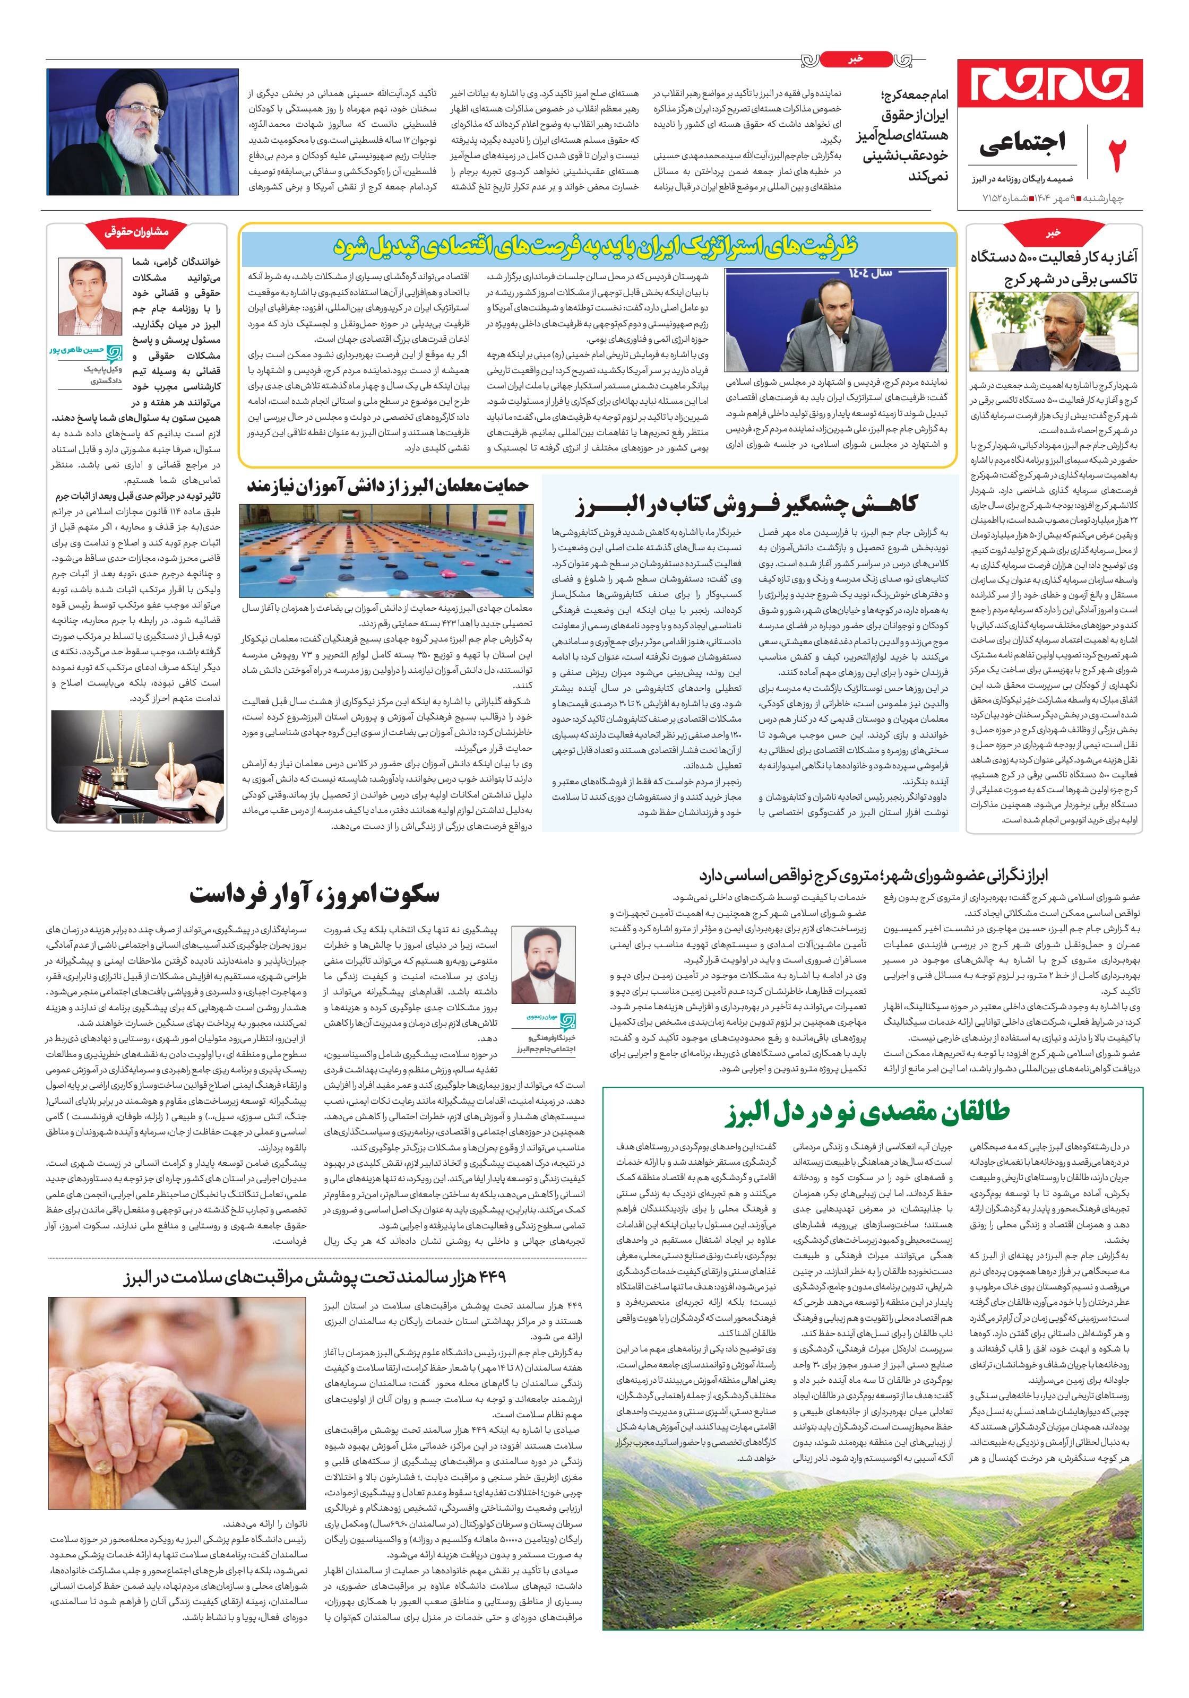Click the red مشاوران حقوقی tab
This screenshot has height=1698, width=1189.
coord(137,231)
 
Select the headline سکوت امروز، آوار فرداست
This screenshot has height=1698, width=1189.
coord(314,895)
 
